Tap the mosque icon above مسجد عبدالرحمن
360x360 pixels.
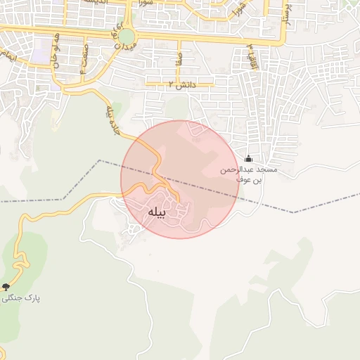(247, 157)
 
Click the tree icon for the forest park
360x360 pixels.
(6, 287)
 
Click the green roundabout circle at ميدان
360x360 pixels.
(125, 36)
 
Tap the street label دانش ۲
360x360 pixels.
(181, 84)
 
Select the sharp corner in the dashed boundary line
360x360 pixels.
(100, 161)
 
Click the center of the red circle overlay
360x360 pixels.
(180, 179)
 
